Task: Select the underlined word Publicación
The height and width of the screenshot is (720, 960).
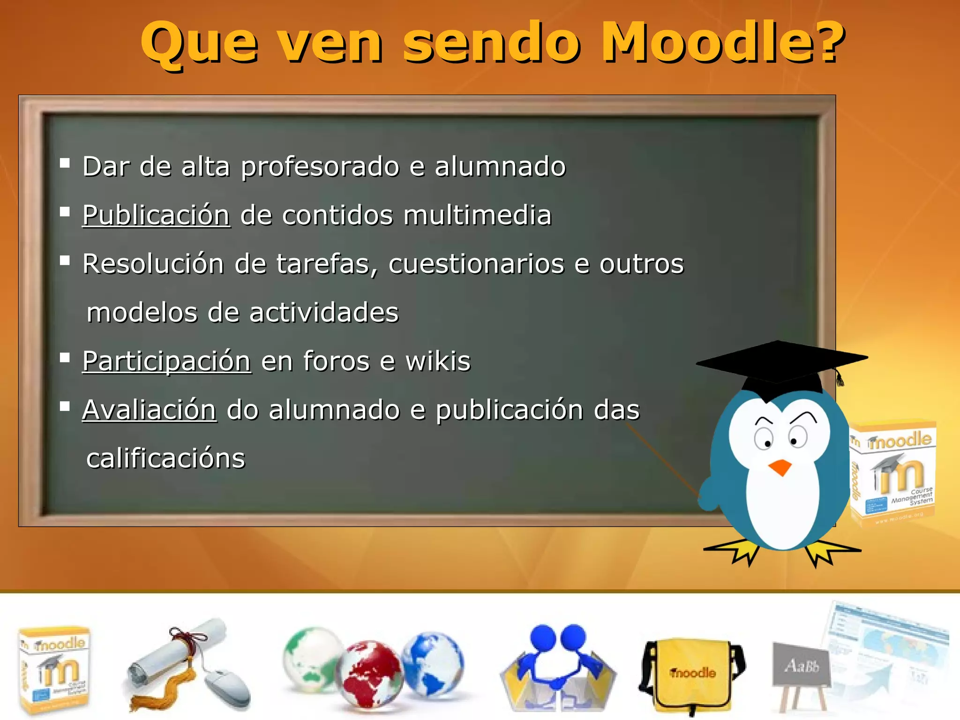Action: tap(156, 216)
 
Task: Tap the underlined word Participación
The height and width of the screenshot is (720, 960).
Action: tap(166, 361)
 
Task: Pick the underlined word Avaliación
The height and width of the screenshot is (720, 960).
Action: tap(149, 410)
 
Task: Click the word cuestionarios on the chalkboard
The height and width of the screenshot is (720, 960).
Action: tap(476, 264)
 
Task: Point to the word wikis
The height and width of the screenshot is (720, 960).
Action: tap(437, 361)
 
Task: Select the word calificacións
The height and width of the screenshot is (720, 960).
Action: tap(165, 458)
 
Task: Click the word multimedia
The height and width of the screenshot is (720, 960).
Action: tap(477, 216)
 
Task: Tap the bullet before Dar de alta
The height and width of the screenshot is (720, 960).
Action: tap(65, 164)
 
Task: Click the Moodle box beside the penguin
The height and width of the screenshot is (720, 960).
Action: tap(893, 473)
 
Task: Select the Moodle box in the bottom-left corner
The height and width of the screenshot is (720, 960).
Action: tap(54, 670)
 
